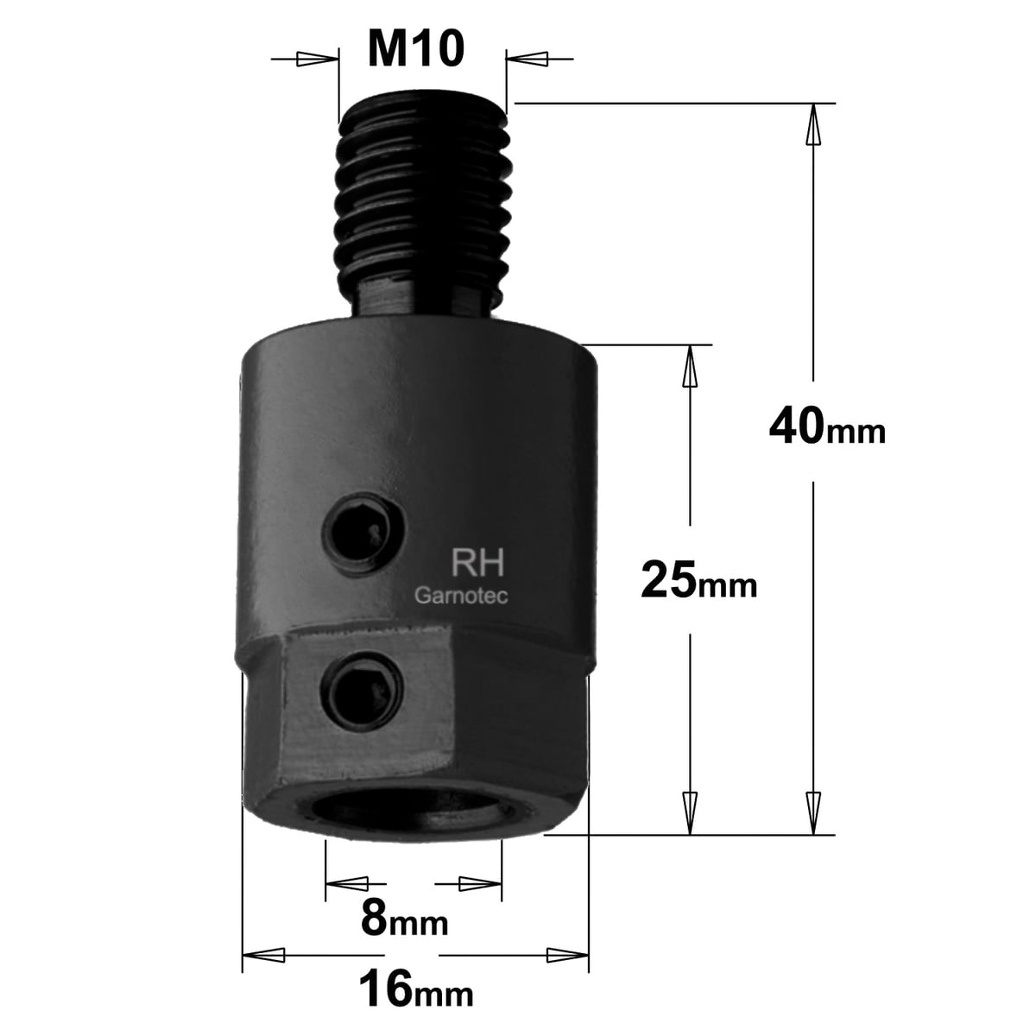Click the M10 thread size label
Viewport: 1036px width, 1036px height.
point(415,50)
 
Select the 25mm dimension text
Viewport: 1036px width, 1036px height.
point(699,580)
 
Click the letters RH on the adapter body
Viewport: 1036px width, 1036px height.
point(477,563)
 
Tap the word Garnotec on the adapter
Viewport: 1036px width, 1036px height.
point(461,596)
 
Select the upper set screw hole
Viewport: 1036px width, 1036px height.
point(363,535)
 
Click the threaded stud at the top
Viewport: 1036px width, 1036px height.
point(422,210)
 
